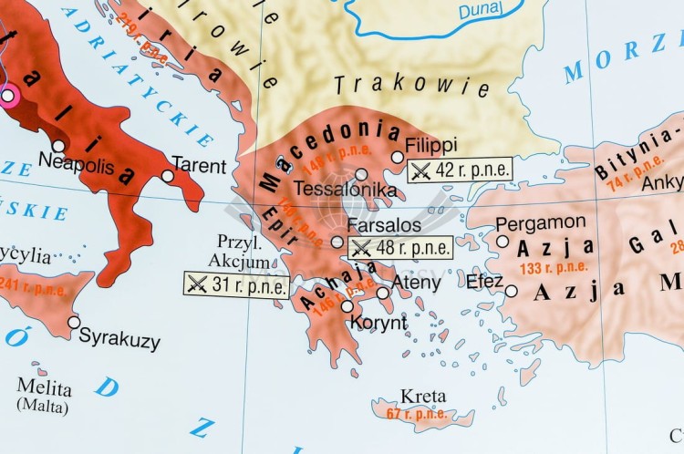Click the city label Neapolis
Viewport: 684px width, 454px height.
click(77, 164)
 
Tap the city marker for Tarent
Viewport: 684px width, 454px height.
click(168, 176)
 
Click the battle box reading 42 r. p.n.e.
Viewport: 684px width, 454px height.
click(459, 170)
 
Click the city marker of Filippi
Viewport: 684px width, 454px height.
click(398, 157)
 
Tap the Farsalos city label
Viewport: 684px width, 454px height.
click(378, 225)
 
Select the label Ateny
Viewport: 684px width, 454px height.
click(416, 283)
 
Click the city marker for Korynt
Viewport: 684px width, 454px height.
click(347, 306)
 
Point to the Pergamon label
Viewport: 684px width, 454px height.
click(541, 222)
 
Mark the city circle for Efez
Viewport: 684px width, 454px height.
click(512, 292)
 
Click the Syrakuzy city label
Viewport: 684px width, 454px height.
click(119, 339)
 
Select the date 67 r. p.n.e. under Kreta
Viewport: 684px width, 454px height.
click(417, 414)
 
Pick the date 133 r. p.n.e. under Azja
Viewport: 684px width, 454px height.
click(554, 268)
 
